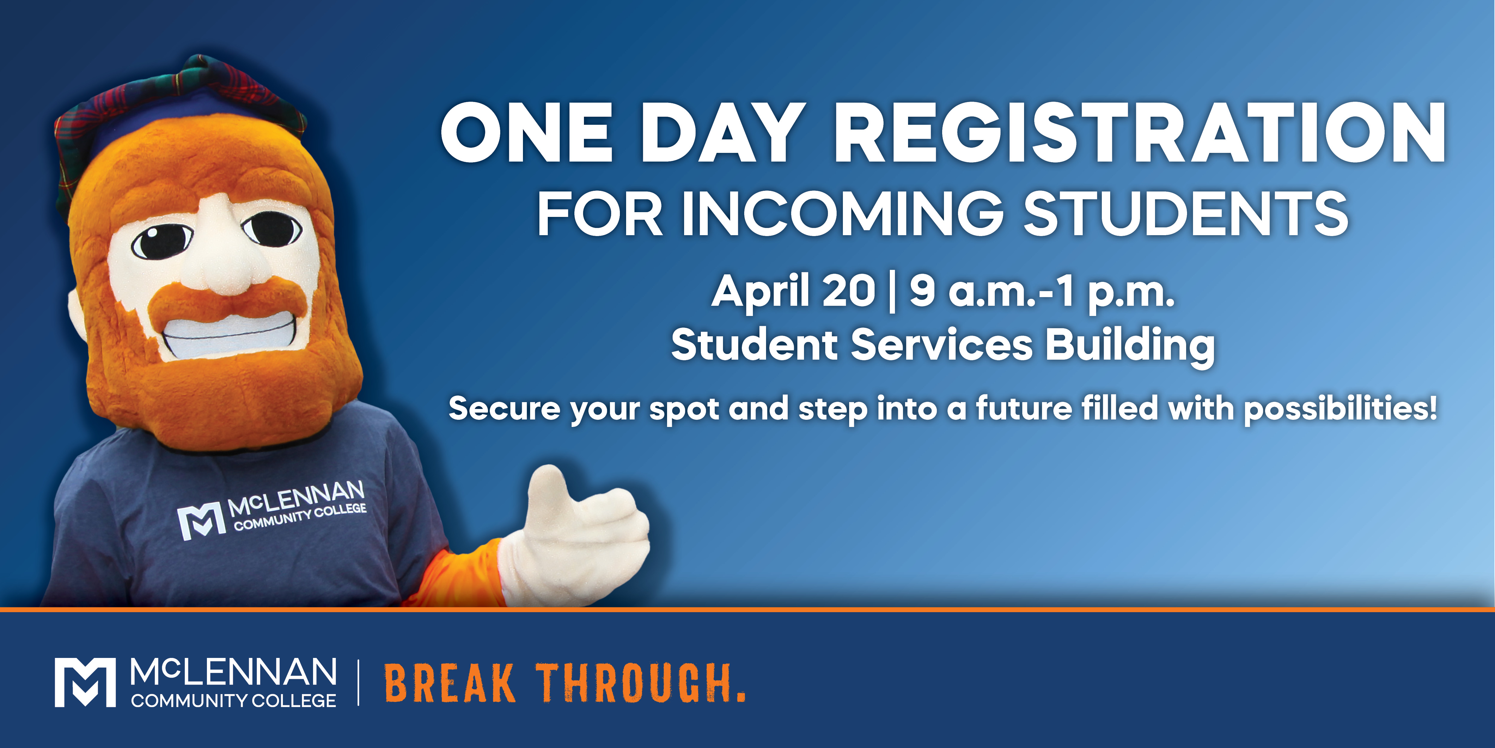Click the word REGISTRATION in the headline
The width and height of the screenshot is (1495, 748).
click(1139, 133)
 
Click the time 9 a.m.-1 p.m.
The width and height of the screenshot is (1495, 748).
click(1042, 291)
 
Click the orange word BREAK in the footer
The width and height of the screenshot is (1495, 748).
click(450, 684)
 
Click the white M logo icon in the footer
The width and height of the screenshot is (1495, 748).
click(85, 682)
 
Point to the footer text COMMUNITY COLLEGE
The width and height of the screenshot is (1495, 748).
click(233, 700)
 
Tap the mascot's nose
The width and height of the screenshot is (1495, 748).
click(221, 250)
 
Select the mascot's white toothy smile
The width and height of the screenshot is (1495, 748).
click(235, 334)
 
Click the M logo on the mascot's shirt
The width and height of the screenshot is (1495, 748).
click(201, 521)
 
